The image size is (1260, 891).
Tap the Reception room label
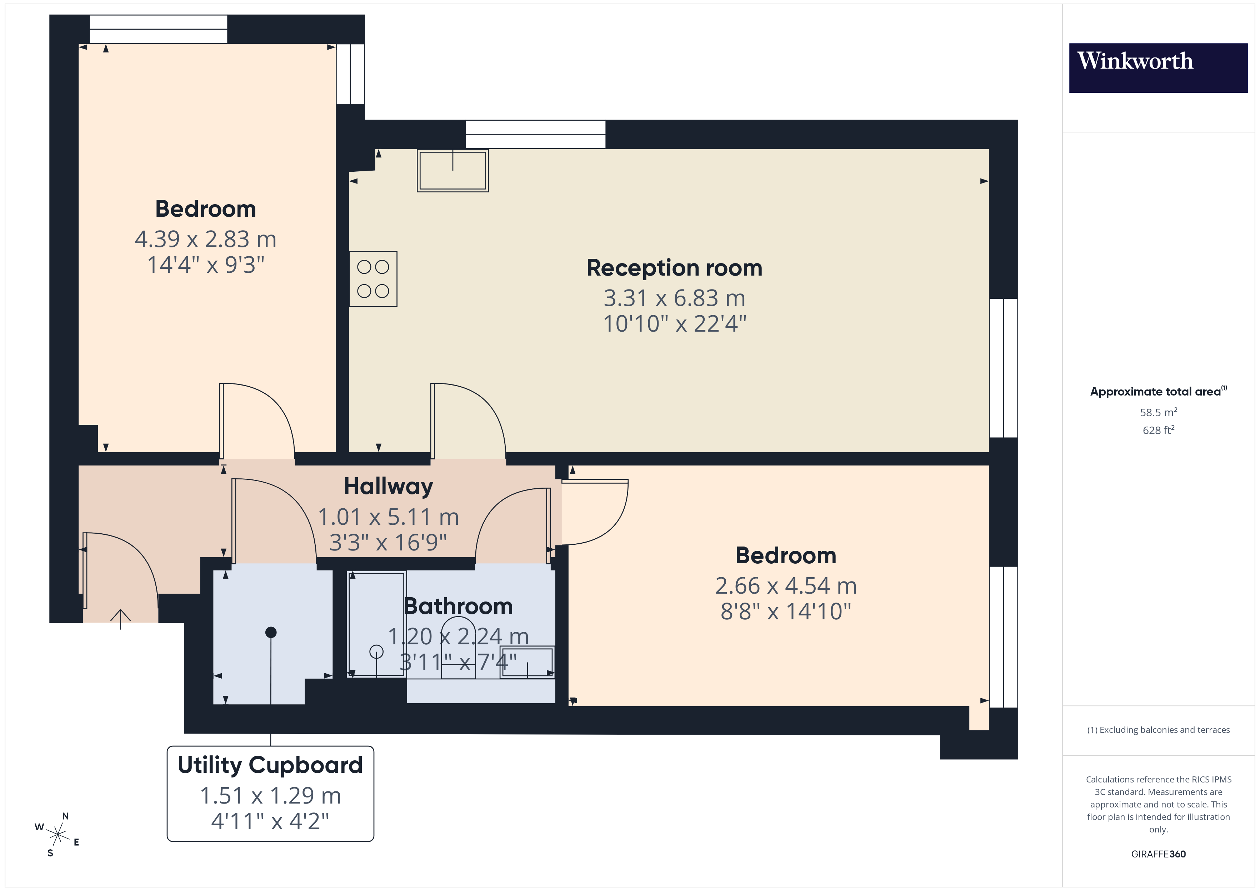point(674,268)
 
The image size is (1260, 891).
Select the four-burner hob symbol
point(373,279)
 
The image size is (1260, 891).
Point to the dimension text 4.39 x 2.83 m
point(205,239)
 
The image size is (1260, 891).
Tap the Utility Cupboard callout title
point(270,765)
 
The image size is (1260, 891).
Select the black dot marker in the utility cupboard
point(271,632)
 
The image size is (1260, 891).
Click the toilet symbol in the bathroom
point(458,648)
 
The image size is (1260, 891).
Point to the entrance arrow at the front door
point(120,617)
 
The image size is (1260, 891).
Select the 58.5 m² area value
point(1158,412)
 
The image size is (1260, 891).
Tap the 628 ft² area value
point(1158,430)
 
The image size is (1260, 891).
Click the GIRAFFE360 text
point(1158,854)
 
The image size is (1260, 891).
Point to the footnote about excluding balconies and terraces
point(1158,730)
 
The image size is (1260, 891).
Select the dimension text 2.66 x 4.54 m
point(785,586)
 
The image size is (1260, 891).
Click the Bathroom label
point(458,606)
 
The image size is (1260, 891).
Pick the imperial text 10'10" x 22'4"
point(674,324)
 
